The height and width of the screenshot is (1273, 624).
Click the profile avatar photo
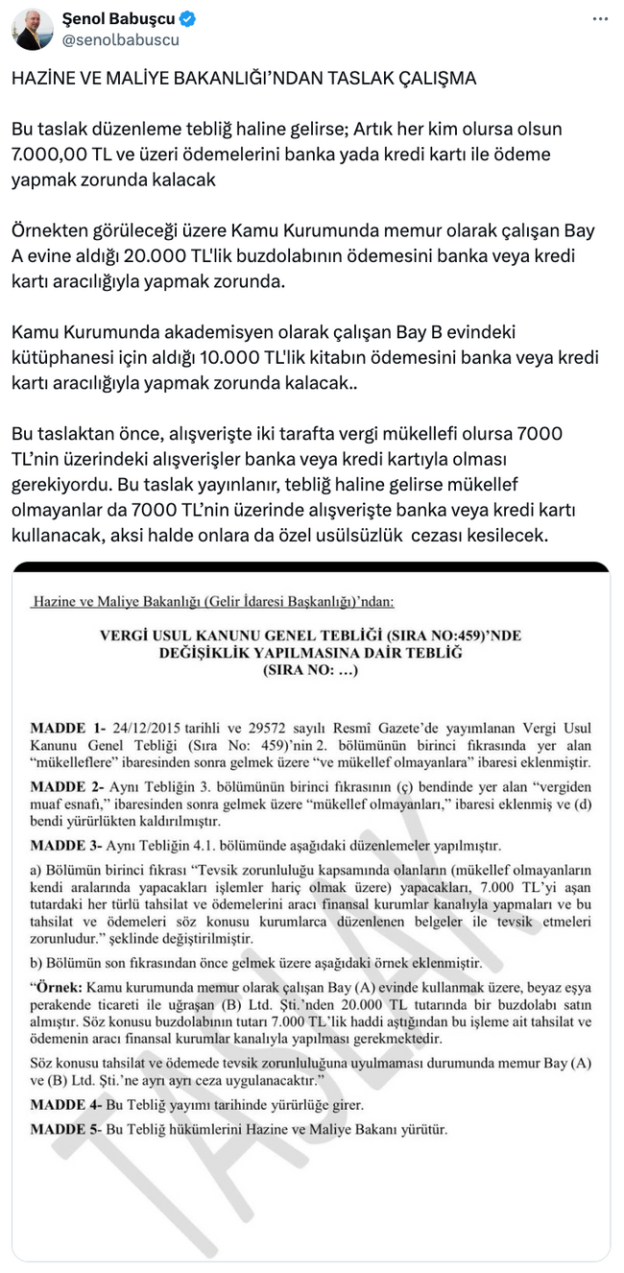point(33,30)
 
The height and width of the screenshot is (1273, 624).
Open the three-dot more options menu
point(599,19)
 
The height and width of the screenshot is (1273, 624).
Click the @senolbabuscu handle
point(120,40)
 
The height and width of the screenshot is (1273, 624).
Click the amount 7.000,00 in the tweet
point(48,154)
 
